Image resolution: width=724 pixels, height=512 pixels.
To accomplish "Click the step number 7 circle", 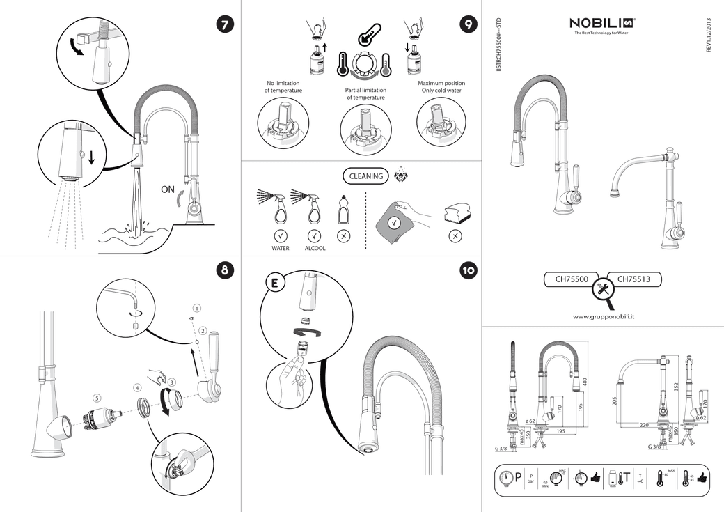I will click(225, 24).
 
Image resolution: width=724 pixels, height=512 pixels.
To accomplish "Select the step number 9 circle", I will click(468, 24).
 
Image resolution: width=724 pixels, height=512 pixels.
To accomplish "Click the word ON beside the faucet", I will click(167, 188).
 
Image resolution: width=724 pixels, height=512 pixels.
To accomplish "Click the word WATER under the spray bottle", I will click(281, 248).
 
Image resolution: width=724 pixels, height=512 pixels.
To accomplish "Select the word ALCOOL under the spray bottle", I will click(315, 248).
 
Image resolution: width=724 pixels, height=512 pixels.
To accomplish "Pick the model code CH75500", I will click(572, 279).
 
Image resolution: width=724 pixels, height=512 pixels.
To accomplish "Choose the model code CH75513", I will click(633, 279).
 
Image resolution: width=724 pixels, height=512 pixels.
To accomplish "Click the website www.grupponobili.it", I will click(607, 316).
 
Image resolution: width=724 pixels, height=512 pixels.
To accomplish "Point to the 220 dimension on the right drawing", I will click(644, 424).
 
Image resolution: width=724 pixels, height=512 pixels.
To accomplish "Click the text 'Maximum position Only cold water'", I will click(441, 87).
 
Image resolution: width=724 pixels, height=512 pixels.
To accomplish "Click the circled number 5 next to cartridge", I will click(97, 397).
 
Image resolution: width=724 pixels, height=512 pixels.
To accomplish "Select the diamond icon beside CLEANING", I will click(401, 174).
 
